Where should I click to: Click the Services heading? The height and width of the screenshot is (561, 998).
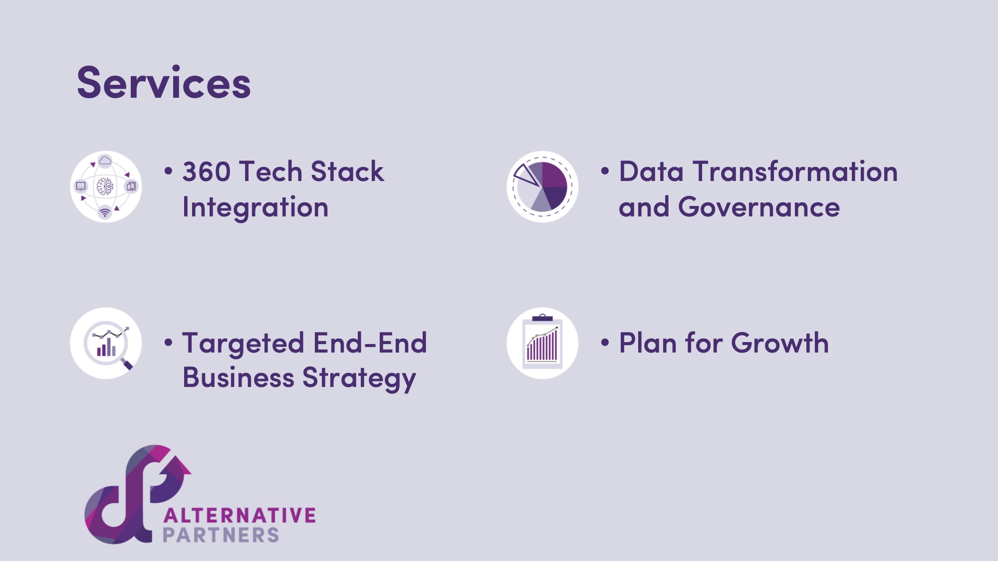pyautogui.click(x=164, y=83)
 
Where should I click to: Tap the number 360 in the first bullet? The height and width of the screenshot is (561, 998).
pyautogui.click(x=207, y=172)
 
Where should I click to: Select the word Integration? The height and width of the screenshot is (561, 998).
pyautogui.click(x=255, y=207)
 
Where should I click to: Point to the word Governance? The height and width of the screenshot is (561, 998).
pyautogui.click(x=759, y=207)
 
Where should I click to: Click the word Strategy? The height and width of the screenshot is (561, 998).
pyautogui.click(x=359, y=378)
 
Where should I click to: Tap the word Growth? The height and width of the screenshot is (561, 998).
pyautogui.click(x=780, y=343)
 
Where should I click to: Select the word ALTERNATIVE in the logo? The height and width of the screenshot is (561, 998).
pyautogui.click(x=240, y=515)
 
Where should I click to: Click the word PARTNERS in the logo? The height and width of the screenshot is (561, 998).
pyautogui.click(x=221, y=535)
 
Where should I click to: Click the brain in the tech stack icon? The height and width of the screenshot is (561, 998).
pyautogui.click(x=105, y=187)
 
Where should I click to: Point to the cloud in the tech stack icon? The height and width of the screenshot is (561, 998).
pyautogui.click(x=105, y=161)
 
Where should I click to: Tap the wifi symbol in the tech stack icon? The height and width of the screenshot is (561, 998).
pyautogui.click(x=105, y=213)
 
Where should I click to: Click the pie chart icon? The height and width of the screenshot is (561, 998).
pyautogui.click(x=542, y=187)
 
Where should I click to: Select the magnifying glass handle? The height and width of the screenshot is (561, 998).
pyautogui.click(x=127, y=365)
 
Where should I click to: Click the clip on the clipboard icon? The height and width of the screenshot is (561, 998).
pyautogui.click(x=542, y=318)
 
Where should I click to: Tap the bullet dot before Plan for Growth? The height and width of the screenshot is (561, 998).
pyautogui.click(x=605, y=343)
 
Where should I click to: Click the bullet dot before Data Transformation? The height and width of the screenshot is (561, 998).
pyautogui.click(x=605, y=171)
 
